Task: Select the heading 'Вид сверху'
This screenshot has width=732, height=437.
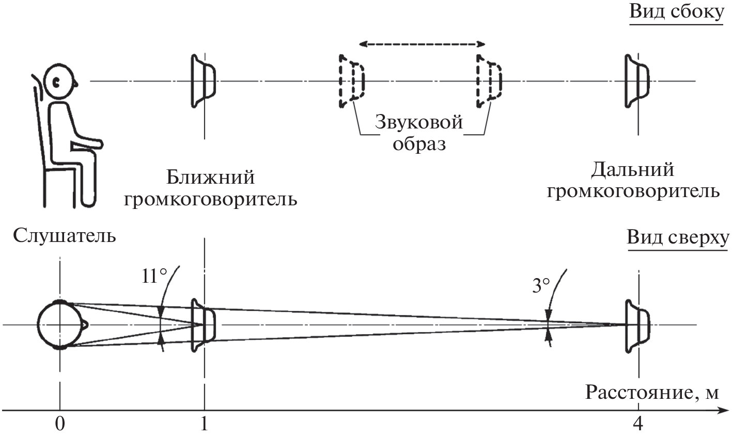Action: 677,238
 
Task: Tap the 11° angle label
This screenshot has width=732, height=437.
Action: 154,277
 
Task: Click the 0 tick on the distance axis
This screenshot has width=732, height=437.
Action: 60,424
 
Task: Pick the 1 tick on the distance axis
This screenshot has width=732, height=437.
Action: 205,424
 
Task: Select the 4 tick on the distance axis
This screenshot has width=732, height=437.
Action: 638,424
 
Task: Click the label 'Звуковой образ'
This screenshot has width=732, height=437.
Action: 418,133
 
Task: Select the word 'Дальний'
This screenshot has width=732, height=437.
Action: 633,170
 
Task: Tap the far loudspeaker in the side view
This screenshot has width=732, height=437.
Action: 636,81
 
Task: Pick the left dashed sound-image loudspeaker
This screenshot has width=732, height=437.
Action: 351,81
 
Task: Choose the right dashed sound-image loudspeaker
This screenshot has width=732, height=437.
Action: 488,81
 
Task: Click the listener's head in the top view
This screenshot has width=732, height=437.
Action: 60,325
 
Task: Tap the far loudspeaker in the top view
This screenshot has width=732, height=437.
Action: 636,325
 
